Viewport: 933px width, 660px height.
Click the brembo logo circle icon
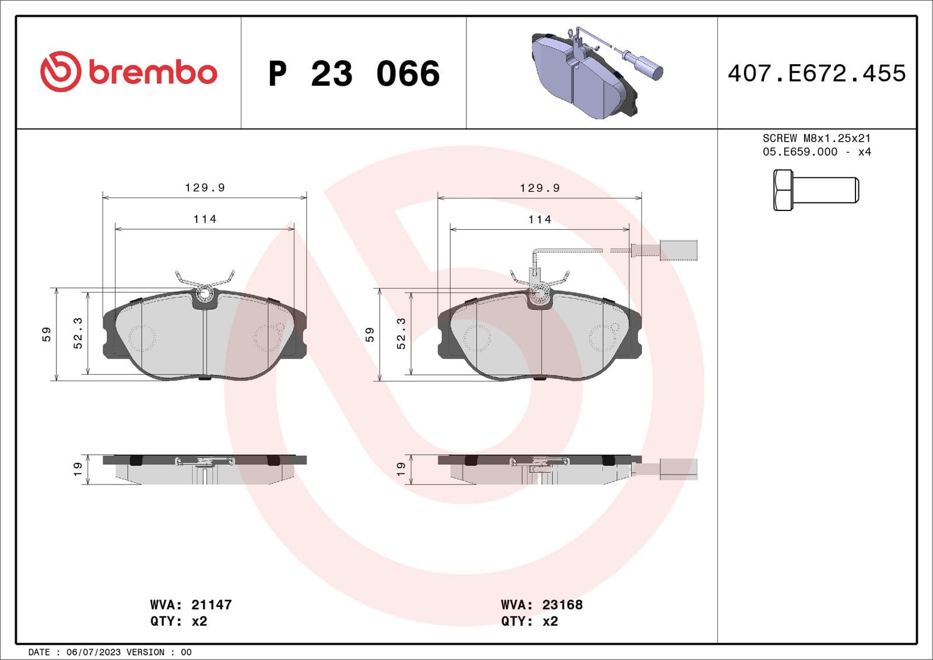pos(60,72)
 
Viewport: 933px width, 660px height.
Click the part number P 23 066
pos(353,74)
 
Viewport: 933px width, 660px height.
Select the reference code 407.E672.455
pos(816,73)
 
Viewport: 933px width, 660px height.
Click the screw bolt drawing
pos(815,190)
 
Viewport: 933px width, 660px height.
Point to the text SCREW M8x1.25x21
pos(816,138)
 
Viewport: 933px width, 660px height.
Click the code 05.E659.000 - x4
pos(816,152)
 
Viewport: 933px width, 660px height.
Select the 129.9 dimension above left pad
pos(205,187)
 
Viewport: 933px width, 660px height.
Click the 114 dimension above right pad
pos(539,219)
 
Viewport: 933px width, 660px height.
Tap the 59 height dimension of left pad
pos(47,334)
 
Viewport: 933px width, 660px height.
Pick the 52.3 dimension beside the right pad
pos(401,333)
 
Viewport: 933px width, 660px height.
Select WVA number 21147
pos(211,605)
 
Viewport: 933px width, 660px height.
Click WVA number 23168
pos(562,605)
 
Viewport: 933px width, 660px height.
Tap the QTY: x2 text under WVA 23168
pos(529,622)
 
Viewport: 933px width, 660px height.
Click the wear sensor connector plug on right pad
pos(678,250)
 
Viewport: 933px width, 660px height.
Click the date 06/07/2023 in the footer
pos(93,652)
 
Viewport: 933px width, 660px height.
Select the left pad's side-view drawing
pos(204,469)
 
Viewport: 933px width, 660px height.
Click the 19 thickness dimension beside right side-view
pos(401,469)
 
